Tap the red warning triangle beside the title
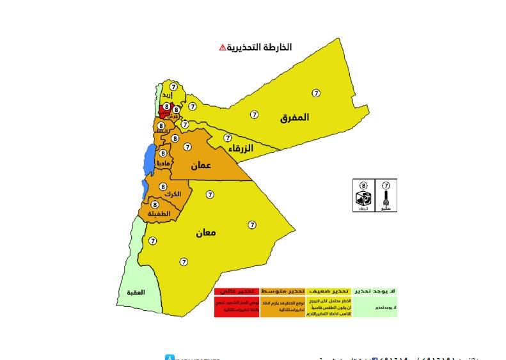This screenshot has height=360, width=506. (222, 47)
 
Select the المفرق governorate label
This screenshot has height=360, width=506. (294, 118)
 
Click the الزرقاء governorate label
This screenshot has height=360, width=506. (238, 148)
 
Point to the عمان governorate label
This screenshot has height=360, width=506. (200, 165)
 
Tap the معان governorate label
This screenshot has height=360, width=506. (205, 233)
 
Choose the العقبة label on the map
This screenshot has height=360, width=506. (136, 292)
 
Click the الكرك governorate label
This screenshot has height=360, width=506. (172, 194)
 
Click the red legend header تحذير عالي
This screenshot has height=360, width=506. (237, 291)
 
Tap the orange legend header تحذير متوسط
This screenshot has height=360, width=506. (283, 291)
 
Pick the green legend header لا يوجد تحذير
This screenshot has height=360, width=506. (375, 291)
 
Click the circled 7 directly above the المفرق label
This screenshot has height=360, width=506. (316, 93)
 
